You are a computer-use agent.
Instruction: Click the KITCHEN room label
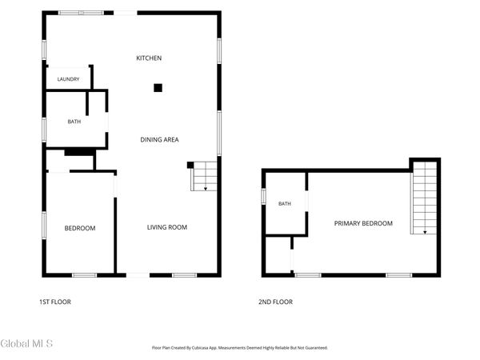pos(149,58)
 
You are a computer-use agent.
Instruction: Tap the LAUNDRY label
pos(68,79)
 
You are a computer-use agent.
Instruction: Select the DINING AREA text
pos(159,139)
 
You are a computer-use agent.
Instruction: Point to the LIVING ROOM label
pos(167,227)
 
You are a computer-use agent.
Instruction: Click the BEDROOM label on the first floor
pos(80,228)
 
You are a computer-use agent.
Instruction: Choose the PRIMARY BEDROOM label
pos(363,223)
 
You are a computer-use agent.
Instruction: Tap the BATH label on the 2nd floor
pos(285,203)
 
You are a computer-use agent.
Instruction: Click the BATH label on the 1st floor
pos(74,122)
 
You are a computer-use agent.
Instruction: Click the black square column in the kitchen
pos(158,88)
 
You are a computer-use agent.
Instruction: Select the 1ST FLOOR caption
pos(55,302)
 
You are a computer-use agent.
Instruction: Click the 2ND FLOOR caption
pos(275,302)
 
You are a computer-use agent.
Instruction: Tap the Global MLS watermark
pos(26,343)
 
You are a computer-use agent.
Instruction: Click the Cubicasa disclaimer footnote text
pos(240,348)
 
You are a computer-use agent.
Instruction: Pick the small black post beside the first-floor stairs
pos(190,165)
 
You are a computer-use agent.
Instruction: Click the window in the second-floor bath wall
pos(263,196)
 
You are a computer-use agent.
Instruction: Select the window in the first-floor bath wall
pos(44,130)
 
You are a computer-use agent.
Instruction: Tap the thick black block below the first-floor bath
pos(80,152)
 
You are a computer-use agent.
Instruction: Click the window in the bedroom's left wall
pos(44,226)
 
